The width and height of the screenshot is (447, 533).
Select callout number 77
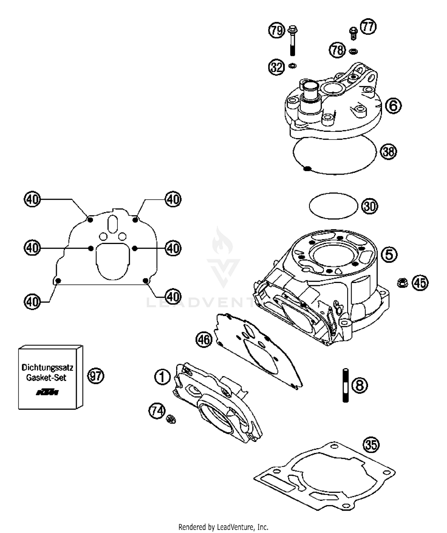coord(368,27)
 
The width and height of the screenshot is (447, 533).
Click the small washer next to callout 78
coord(353,51)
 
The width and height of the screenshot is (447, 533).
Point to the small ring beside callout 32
coord(293,65)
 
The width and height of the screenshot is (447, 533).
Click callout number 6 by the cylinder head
coord(393,106)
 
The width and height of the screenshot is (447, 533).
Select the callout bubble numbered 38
coord(389,152)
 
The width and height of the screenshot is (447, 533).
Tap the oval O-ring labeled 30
coord(333,206)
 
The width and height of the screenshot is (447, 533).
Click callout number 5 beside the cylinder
coord(389,254)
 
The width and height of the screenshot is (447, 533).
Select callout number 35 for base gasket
coord(371,445)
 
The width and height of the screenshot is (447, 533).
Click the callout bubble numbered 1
coord(162,377)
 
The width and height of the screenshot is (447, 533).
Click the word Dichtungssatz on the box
coord(47,368)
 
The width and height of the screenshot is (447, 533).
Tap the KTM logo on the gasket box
coord(47,393)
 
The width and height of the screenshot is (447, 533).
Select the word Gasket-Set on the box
coord(46,378)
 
